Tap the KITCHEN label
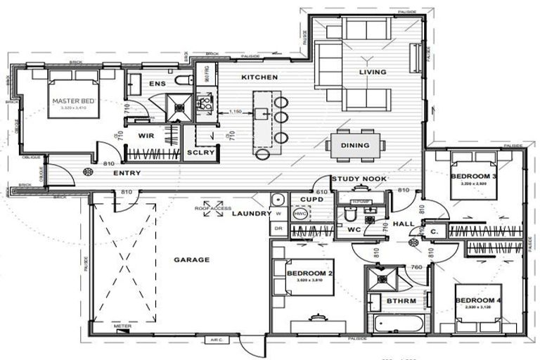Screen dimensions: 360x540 259,77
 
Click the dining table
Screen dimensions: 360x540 355,146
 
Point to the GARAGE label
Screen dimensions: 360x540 192,259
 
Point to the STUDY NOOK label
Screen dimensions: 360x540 359,179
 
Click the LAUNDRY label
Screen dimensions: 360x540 248,213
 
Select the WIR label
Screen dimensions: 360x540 147,134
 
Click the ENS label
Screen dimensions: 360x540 157,84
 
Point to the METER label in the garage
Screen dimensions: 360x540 122,326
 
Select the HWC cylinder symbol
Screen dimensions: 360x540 300,213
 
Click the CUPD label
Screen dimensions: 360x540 311,199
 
